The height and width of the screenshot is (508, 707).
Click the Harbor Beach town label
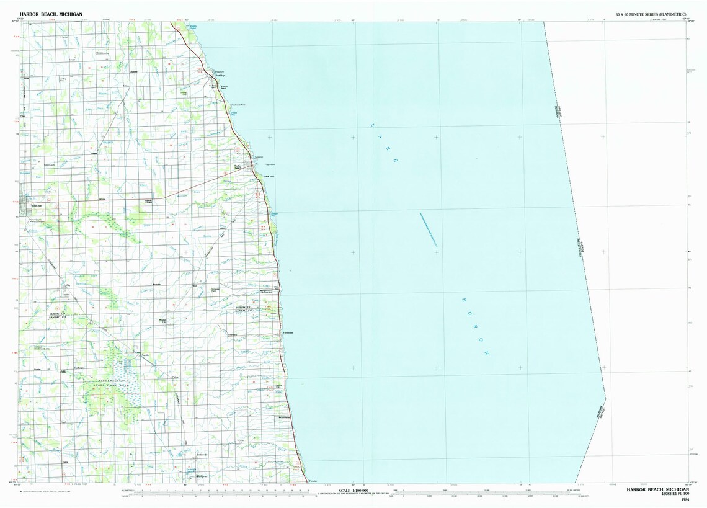(x=238, y=167)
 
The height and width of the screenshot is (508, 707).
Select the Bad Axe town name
(x=37, y=205)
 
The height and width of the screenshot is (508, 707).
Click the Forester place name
(x=313, y=481)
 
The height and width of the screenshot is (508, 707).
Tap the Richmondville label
(x=285, y=417)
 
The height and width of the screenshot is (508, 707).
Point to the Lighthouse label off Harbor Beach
(x=270, y=164)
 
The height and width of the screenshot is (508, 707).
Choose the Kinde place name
(x=26, y=79)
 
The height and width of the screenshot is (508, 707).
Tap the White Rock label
(x=268, y=287)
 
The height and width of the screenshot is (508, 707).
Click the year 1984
(x=685, y=500)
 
